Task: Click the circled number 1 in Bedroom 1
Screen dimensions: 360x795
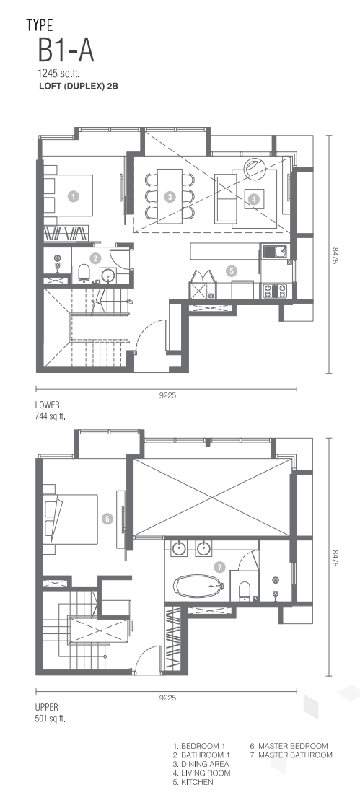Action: click(74, 196)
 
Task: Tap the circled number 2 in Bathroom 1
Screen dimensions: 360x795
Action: click(95, 258)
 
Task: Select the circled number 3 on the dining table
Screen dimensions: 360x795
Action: click(170, 197)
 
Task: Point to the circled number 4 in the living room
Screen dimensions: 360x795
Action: click(253, 200)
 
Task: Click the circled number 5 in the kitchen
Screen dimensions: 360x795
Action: click(232, 271)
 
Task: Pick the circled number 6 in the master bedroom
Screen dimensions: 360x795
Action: click(107, 519)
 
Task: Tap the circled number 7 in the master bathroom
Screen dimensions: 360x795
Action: click(219, 567)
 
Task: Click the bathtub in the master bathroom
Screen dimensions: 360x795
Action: click(198, 586)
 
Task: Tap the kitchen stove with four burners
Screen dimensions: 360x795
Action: click(274, 291)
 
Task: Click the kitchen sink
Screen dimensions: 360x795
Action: click(274, 252)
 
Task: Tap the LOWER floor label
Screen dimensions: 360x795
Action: click(47, 405)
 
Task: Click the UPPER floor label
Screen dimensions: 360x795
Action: click(47, 707)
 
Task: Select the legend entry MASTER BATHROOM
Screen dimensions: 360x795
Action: click(291, 755)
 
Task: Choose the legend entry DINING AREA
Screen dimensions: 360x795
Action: click(201, 764)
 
